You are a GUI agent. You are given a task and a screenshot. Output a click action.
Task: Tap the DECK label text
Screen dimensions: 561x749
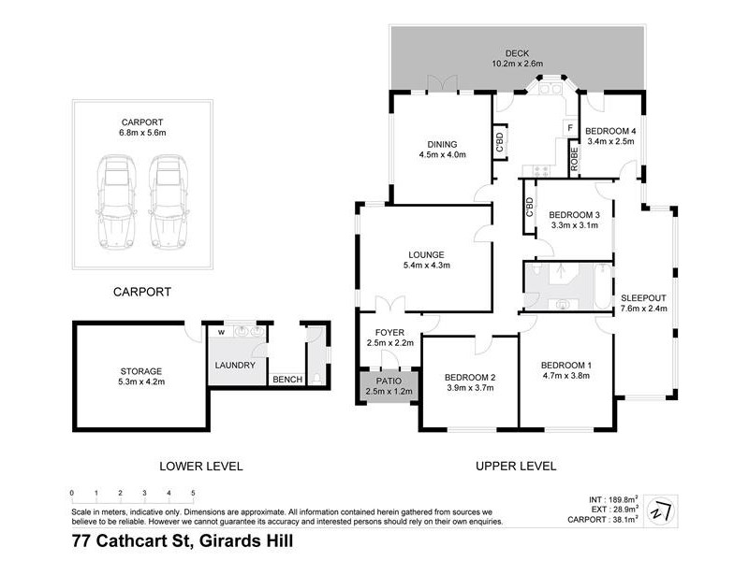[x=517, y=52]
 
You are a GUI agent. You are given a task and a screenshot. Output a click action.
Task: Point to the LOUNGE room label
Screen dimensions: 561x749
[x=424, y=253]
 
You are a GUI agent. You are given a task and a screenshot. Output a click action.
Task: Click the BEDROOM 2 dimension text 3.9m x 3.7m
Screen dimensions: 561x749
[x=468, y=390]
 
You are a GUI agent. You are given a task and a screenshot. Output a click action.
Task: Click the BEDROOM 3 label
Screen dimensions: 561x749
[x=573, y=213]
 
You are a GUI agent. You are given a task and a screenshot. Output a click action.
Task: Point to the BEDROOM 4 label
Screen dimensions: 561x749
[x=609, y=130]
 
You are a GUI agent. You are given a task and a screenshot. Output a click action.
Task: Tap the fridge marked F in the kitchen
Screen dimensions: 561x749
[x=567, y=126]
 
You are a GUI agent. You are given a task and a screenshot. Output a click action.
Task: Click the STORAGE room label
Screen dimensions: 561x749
[x=140, y=371]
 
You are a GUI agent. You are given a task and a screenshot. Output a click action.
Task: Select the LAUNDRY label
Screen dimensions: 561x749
[x=235, y=365]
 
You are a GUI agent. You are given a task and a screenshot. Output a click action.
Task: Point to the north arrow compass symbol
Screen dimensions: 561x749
[x=662, y=510]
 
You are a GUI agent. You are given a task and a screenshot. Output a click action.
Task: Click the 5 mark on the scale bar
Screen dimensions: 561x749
[x=193, y=492]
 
